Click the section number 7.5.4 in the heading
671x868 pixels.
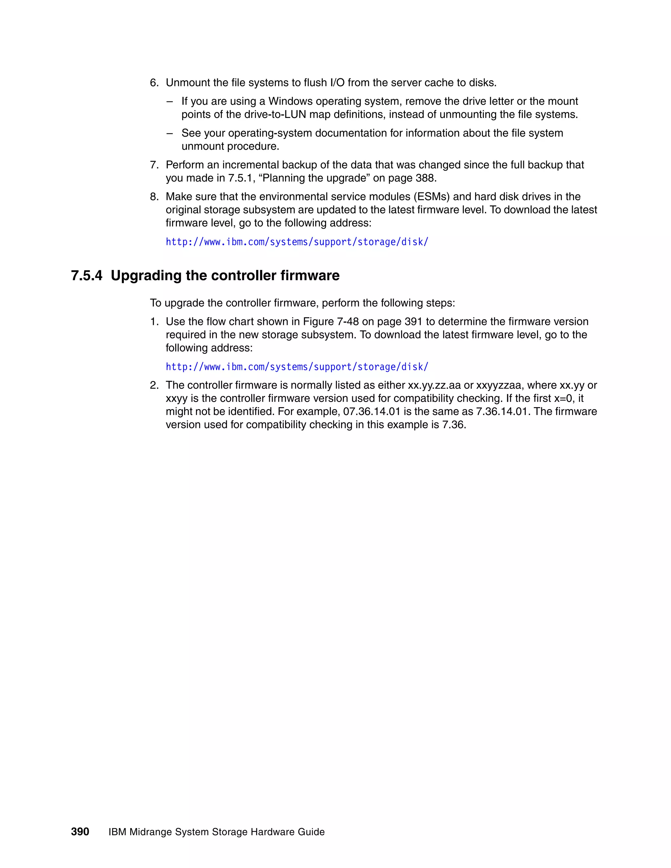pos(86,275)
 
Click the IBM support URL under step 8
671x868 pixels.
pos(297,242)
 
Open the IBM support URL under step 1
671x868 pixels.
pos(297,367)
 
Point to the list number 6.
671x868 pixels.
pos(154,83)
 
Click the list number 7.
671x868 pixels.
pos(154,165)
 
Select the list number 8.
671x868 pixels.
pos(154,197)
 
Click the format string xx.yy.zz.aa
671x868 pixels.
pos(434,385)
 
